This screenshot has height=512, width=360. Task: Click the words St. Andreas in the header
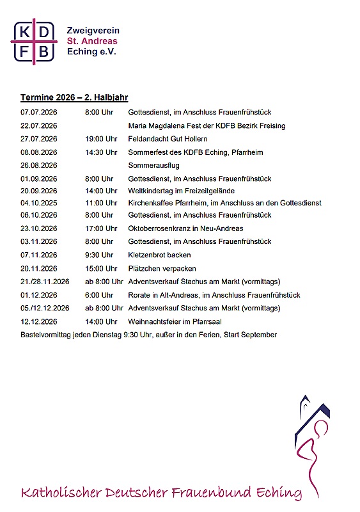point(92,41)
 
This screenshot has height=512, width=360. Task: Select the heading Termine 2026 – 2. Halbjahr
point(74,98)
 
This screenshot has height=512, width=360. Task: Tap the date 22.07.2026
point(39,125)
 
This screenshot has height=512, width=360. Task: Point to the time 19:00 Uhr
point(101,139)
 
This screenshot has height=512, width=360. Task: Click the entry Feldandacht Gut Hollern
point(168,139)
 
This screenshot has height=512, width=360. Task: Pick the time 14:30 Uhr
point(101,152)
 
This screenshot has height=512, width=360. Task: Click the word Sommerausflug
point(154,165)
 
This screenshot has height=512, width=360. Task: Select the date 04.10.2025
point(39,203)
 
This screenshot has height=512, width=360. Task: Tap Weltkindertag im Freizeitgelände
point(182,191)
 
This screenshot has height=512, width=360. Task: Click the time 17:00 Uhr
point(101,228)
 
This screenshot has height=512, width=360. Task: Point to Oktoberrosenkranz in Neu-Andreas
point(186,228)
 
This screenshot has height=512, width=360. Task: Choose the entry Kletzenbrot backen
point(160,255)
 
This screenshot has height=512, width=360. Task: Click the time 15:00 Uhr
point(101,269)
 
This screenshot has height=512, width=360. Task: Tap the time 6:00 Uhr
point(99,295)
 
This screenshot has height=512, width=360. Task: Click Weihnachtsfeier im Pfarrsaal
point(175,321)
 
